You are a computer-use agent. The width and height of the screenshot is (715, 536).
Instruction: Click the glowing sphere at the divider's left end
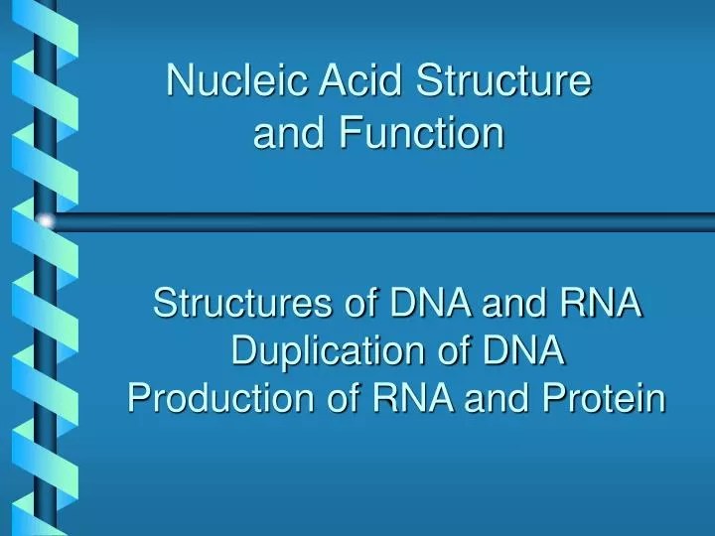click(x=45, y=220)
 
